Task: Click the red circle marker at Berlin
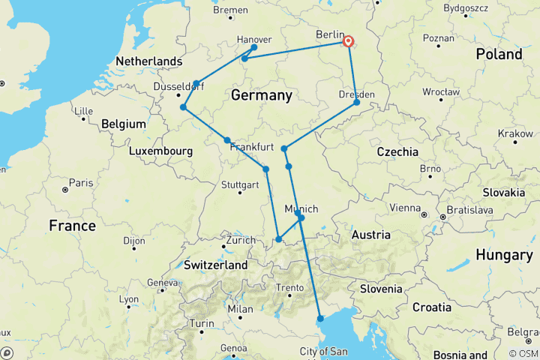349,42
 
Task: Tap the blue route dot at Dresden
357,102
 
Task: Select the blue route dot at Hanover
254,47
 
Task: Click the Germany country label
261,96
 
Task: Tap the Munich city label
302,208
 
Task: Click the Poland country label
499,54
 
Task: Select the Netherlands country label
149,61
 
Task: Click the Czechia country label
397,151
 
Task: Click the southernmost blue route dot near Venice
320,319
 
